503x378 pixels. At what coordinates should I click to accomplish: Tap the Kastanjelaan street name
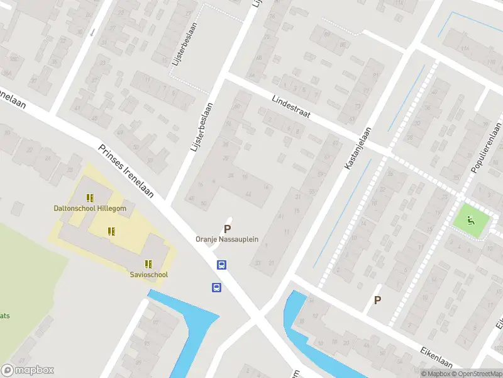[358, 147]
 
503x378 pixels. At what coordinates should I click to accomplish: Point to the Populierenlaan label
[486, 154]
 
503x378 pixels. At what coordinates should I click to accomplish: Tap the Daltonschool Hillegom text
[90, 209]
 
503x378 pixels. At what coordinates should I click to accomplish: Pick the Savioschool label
[149, 275]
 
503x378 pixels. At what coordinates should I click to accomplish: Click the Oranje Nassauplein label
[227, 239]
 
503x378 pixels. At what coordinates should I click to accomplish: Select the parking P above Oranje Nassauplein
[227, 229]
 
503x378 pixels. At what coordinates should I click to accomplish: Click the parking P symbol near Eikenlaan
[377, 301]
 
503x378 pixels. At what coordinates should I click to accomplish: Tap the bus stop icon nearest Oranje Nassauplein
[222, 265]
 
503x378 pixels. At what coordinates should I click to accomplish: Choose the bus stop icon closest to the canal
[216, 288]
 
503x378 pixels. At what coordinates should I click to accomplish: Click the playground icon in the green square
[470, 220]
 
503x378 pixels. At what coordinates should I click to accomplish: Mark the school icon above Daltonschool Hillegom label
[90, 198]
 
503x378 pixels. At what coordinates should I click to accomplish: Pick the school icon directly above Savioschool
[149, 264]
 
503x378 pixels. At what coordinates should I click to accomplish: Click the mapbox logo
[27, 370]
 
